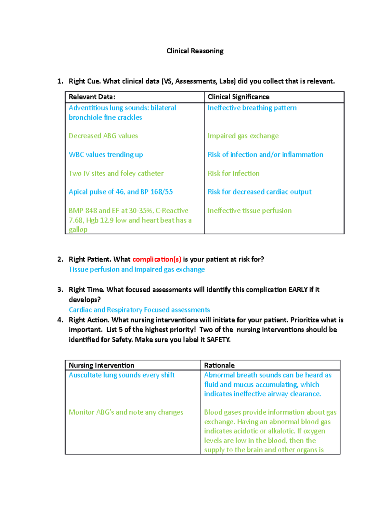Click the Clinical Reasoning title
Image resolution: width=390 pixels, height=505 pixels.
click(195, 51)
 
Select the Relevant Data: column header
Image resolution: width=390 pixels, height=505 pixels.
click(92, 97)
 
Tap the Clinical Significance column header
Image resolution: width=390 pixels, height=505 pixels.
click(238, 97)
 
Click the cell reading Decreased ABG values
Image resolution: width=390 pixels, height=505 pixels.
click(103, 136)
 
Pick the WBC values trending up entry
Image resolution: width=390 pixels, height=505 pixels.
click(106, 155)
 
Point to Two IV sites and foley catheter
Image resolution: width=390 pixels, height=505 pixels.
click(116, 174)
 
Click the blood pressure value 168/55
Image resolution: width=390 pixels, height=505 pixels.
click(162, 192)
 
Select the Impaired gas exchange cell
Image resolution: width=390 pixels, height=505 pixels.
click(243, 136)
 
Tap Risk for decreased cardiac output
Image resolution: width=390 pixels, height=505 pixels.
click(259, 192)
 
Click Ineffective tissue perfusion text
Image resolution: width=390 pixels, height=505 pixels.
click(250, 211)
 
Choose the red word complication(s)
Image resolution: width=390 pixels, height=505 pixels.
click(157, 259)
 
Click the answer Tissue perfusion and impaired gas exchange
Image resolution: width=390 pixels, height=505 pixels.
click(136, 270)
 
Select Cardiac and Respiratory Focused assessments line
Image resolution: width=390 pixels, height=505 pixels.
click(139, 310)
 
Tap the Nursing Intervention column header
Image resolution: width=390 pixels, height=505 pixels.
click(101, 365)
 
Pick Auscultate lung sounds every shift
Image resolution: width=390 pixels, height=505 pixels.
click(122, 375)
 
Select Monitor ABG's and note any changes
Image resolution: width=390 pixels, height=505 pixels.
click(126, 412)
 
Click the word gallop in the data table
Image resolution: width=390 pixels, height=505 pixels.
click(78, 230)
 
